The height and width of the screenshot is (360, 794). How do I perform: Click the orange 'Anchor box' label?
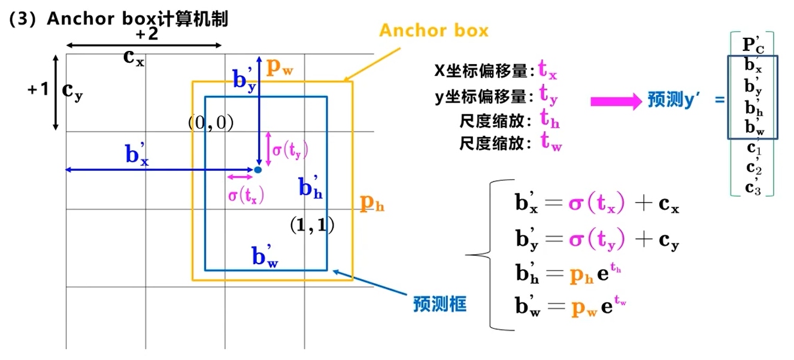434,31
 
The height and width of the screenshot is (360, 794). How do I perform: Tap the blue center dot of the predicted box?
258,170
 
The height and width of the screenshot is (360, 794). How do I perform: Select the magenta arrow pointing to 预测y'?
616,101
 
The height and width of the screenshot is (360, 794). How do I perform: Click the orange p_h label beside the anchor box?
371,204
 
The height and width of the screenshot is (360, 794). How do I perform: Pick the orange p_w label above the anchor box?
279,67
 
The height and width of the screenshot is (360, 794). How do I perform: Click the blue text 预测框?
440,304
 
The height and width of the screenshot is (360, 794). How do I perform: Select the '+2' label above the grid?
146,34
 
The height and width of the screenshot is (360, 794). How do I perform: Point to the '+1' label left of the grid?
38,90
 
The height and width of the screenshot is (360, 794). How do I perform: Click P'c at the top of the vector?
753,44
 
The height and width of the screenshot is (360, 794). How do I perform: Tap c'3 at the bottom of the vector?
753,186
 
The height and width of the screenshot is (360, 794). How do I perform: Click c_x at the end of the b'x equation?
668,205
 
